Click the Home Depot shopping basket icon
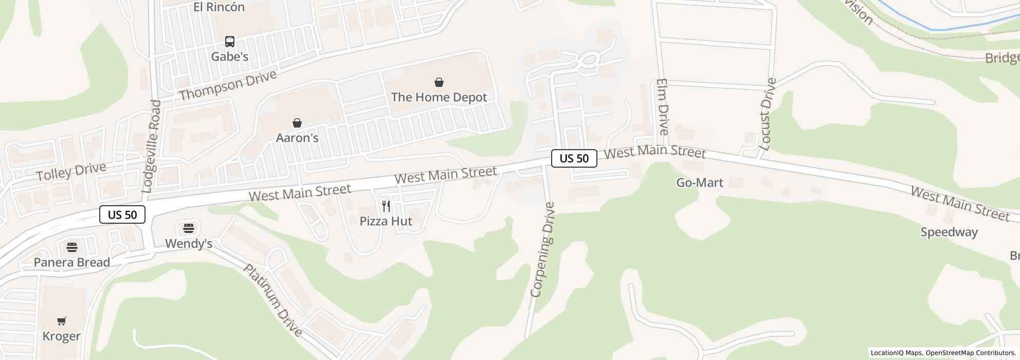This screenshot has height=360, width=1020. point(439,82)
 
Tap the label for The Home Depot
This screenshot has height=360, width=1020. point(439,97)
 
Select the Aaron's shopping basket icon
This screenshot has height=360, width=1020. point(297,123)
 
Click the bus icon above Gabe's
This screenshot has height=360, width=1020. point(230,42)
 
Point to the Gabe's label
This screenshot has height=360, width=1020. point(230,57)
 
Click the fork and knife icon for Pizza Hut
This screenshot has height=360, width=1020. point(386,206)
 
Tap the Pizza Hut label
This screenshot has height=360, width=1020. point(386,221)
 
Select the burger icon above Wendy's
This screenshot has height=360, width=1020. point(189,228)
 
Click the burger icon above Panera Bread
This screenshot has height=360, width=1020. point(72,247)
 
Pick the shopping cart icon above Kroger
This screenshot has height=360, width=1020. point(62,321)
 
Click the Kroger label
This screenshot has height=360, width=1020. point(62,336)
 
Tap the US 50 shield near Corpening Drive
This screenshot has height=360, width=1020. point(574,158)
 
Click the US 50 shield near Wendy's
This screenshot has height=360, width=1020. point(122,214)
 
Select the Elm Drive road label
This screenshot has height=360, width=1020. point(662,107)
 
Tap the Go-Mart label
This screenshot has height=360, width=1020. point(700,183)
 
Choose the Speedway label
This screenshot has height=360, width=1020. point(949,232)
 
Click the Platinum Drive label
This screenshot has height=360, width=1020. point(272,300)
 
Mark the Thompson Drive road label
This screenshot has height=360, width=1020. point(228,85)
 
